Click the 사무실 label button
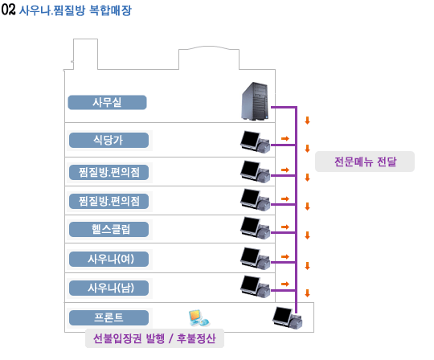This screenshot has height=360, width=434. tap(107, 102)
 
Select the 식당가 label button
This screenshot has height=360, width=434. tap(108, 140)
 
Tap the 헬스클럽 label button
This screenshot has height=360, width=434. tap(108, 229)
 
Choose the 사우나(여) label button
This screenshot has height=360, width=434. tap(108, 259)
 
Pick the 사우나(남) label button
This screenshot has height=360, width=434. tap(108, 288)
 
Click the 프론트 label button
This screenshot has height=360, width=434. tap(108, 317)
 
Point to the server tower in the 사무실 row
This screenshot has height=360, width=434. tap(255, 101)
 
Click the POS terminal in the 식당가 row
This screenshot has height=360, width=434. tap(256, 141)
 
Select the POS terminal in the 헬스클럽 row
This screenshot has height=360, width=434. tap(256, 228)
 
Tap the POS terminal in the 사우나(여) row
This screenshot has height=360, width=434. tap(256, 258)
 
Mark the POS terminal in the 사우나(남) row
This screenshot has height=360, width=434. tap(256, 286)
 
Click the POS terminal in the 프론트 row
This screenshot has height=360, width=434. tap(287, 318)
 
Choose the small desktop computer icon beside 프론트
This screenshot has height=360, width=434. tap(199, 318)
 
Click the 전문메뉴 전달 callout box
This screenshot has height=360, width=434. tap(365, 162)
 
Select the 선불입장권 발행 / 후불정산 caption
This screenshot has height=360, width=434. tap(154, 338)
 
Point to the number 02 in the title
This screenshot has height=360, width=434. tap(8, 10)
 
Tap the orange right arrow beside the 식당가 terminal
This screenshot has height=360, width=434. tap(285, 138)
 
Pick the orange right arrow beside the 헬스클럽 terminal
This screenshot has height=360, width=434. tap(285, 227)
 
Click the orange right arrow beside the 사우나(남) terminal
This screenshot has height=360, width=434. tap(285, 284)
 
